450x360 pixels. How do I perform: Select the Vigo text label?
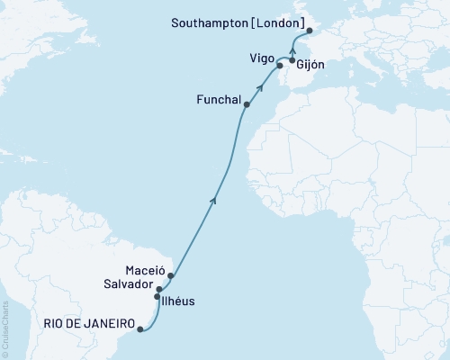point(263,56)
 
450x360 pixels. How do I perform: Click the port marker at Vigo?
point(279,67)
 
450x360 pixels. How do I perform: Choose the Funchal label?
point(216,102)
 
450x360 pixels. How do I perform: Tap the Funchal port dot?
point(247,104)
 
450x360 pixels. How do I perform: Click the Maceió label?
point(147,269)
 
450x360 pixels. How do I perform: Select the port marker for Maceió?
point(170,275)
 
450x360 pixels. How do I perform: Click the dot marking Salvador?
point(159,289)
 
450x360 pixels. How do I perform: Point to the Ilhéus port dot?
point(157,296)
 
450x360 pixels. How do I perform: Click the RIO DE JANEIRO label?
point(88,323)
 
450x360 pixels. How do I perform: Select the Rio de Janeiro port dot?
point(139,329)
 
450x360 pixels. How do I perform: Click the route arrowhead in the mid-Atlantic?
point(213,200)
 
